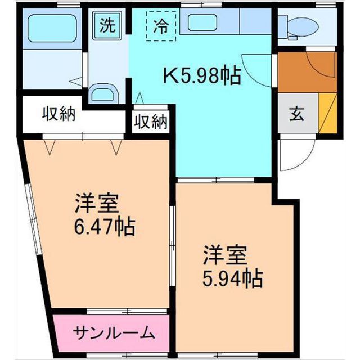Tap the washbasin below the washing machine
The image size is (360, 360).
pos(103,92)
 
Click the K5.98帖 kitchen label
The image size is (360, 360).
pos(201,75)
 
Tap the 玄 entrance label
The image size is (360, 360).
pos(296,114)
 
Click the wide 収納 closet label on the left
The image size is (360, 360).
pos(59,114)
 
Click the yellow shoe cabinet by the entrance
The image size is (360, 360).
pos(327,112)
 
